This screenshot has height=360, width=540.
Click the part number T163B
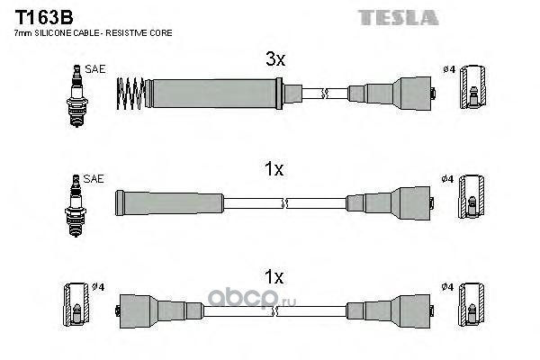point(44,17)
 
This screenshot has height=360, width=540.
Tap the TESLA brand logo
point(398,18)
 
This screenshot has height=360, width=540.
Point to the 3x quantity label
point(275,58)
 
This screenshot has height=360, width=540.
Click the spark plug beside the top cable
point(77,95)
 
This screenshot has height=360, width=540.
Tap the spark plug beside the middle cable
point(76,206)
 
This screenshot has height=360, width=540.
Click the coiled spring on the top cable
point(130,94)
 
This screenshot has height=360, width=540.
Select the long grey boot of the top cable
point(214,94)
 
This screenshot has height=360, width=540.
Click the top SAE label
point(95,69)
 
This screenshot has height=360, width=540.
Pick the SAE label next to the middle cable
point(94,178)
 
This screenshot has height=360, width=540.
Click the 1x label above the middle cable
point(274,169)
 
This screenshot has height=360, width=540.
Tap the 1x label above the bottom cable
point(274,276)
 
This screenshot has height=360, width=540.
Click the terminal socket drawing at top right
point(473,86)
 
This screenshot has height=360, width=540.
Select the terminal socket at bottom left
point(76,304)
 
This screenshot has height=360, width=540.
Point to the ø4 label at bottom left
point(98,286)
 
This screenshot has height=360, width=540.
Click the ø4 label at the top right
point(449,69)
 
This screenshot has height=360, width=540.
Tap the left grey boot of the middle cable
point(169,202)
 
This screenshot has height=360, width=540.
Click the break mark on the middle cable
point(284,203)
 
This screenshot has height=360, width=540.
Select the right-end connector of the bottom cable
point(391,311)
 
